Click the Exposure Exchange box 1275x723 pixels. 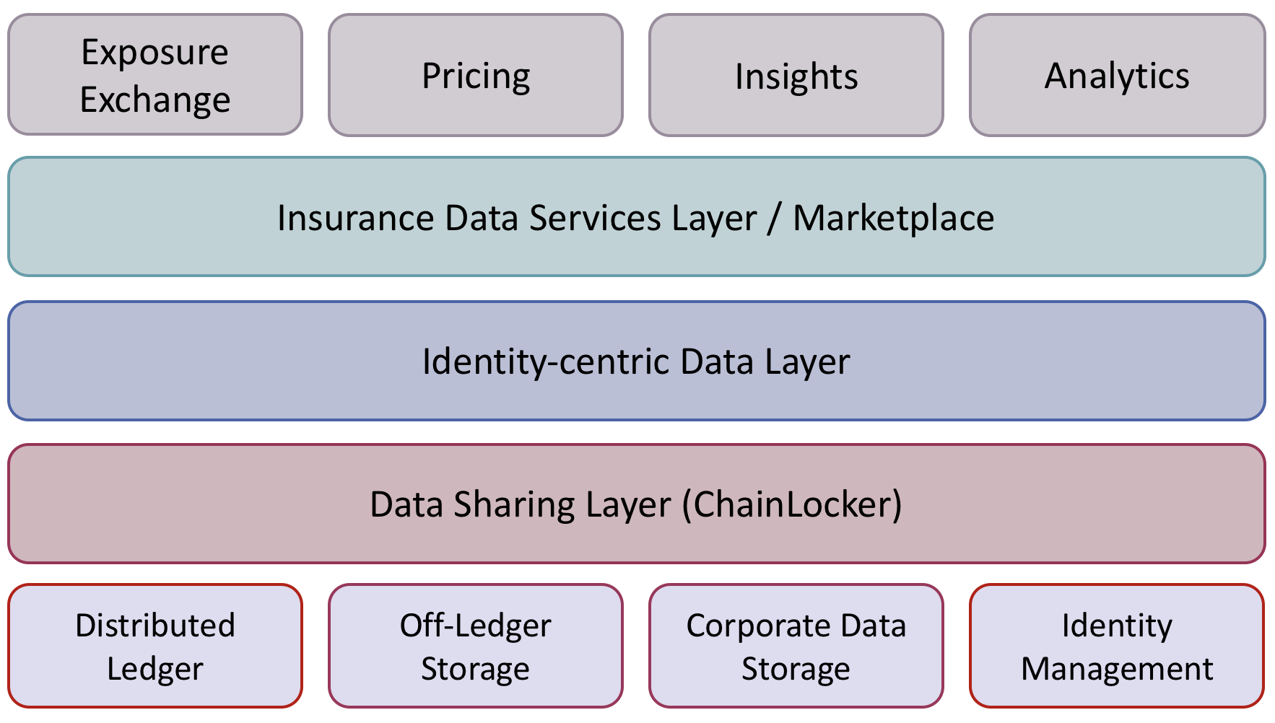click(155, 75)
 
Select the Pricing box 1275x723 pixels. click(476, 75)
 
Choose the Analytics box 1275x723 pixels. click(1117, 75)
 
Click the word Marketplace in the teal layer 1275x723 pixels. click(893, 218)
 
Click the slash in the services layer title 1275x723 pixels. click(774, 218)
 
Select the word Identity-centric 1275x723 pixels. click(546, 361)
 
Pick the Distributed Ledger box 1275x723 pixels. click(155, 647)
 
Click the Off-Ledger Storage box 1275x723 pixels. click(476, 647)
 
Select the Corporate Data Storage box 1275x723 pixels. click(796, 647)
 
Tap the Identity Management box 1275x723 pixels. click(1117, 647)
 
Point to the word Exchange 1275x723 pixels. click(155, 100)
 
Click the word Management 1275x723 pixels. click(1117, 669)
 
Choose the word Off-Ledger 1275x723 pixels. click(476, 626)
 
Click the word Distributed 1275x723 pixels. click(155, 626)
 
